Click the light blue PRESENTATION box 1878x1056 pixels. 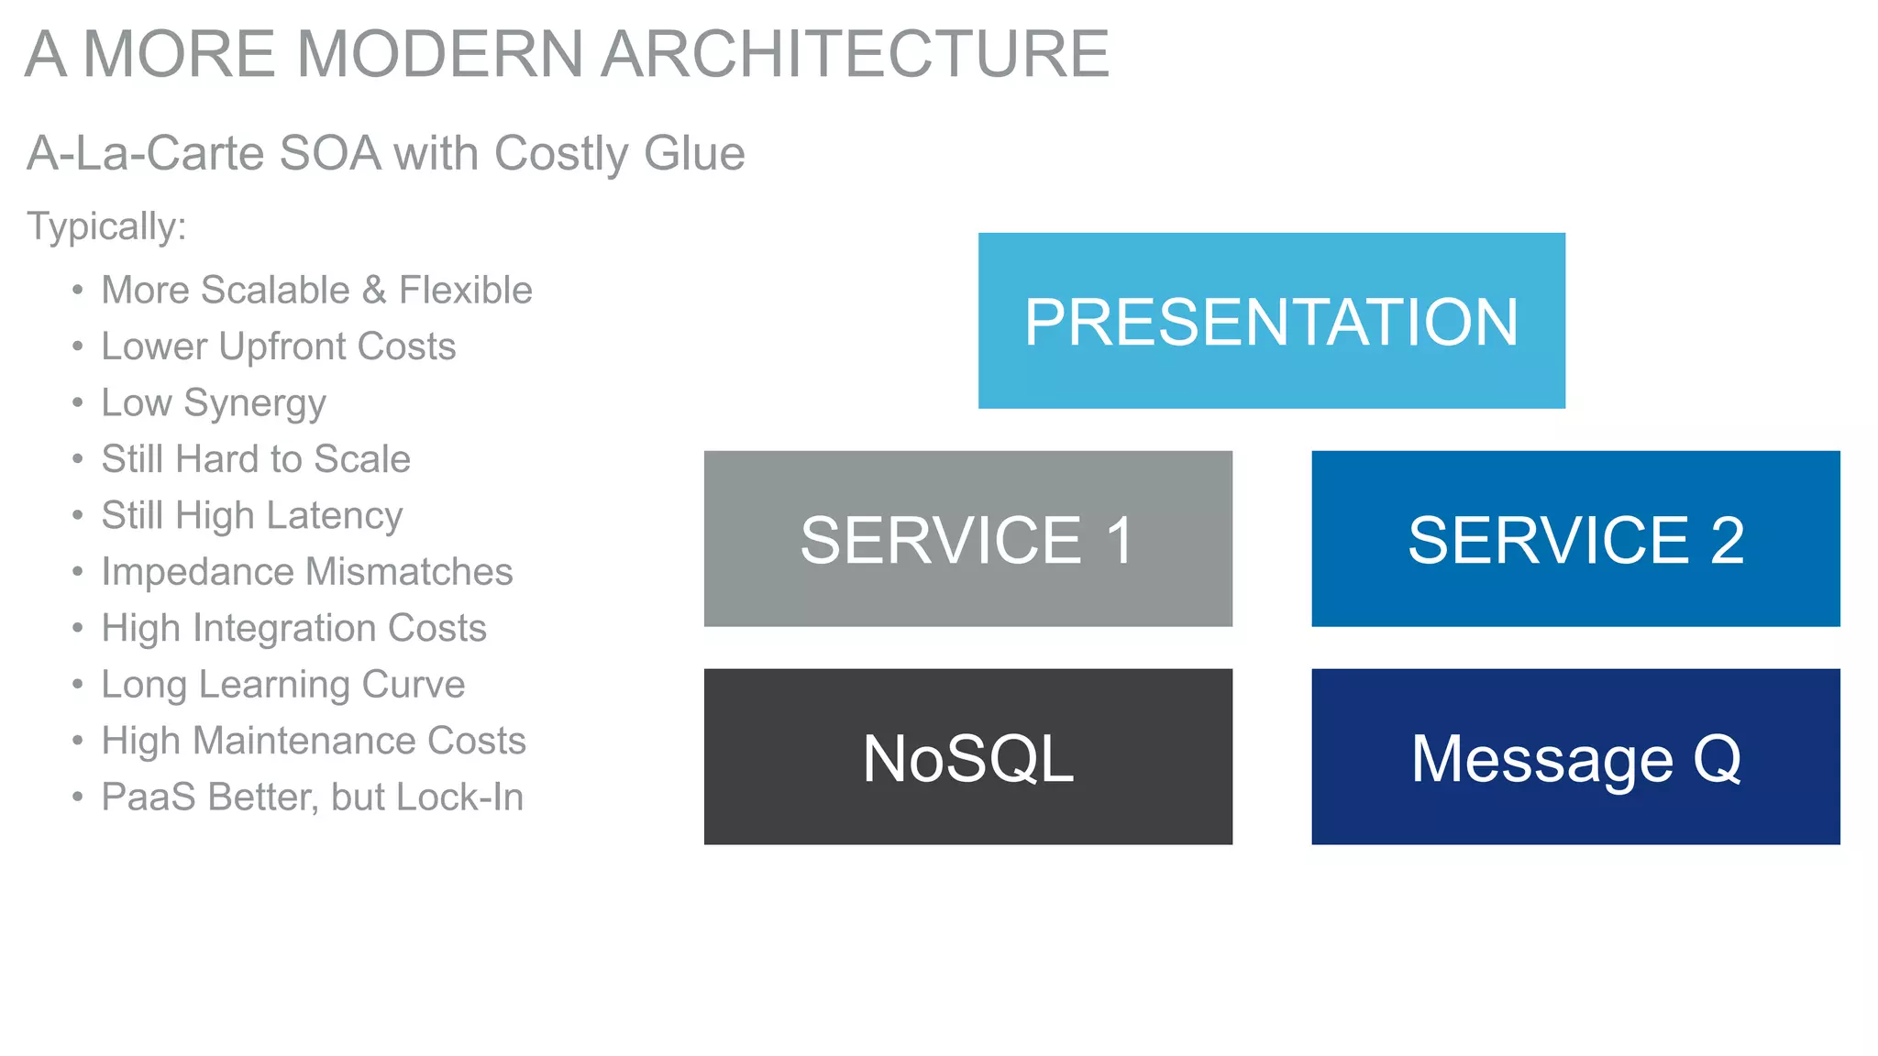1271,321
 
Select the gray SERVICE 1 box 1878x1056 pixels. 967,539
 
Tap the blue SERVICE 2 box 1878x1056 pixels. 1574,539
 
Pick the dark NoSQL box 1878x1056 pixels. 967,757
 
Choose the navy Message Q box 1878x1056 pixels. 1574,757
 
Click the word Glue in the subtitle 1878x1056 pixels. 694,153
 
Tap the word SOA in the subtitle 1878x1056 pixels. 330,153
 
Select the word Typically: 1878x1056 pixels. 106,226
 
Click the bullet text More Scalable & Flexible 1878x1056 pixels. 316,291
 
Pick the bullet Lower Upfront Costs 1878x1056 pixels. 278,346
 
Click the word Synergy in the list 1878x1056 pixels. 254,404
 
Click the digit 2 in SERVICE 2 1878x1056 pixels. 1727,540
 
